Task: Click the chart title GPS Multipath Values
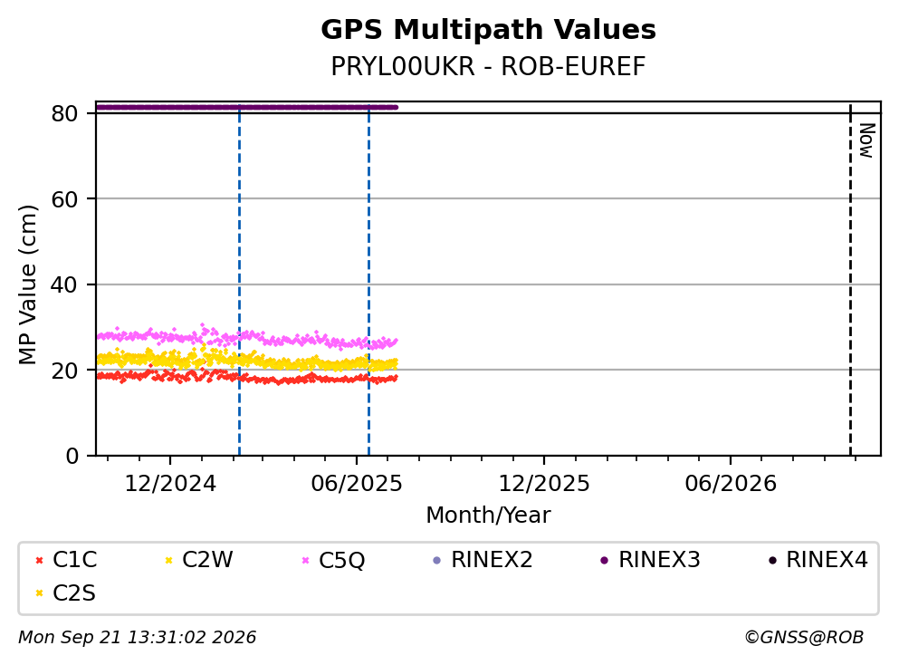point(488,30)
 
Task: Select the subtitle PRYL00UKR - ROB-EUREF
point(488,66)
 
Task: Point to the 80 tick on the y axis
point(64,113)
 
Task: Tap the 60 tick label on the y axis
point(64,199)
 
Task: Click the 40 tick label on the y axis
point(64,284)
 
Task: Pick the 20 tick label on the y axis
point(64,370)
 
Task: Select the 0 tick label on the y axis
point(72,456)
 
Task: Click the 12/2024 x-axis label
point(170,484)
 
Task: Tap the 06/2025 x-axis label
point(357,484)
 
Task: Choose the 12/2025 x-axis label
point(543,484)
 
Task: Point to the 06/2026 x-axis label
point(731,484)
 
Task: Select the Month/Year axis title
point(488,516)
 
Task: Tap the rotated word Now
point(867,140)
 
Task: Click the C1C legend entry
point(66,559)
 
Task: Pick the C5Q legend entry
point(333,559)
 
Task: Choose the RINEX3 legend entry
point(650,559)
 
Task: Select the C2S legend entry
point(65,593)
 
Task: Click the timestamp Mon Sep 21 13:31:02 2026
point(137,638)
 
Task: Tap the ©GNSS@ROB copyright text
point(804,638)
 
